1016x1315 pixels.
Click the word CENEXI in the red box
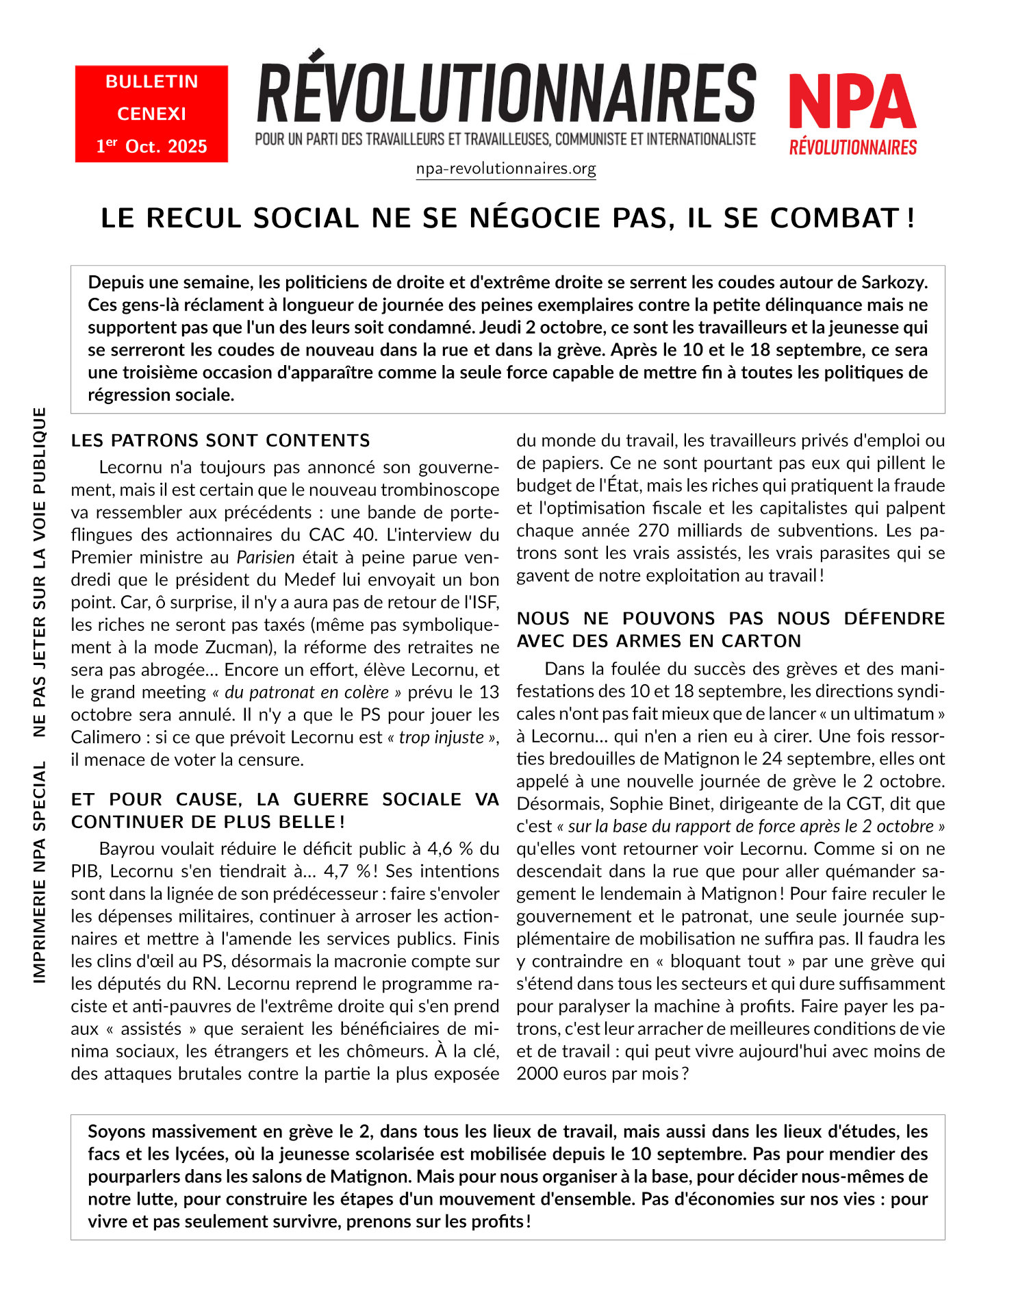[151, 114]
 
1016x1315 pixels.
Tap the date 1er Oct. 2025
[151, 146]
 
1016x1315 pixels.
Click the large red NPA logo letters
[852, 103]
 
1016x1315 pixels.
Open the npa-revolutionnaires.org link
[506, 168]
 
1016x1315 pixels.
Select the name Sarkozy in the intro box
[894, 282]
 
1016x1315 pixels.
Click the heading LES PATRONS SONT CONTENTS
[220, 440]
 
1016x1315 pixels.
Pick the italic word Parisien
[266, 558]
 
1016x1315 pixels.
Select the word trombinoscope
[440, 490]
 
